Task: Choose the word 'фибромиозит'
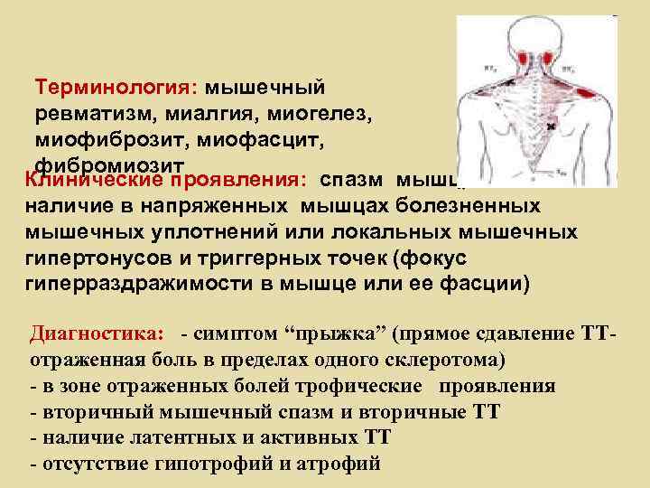coord(110,165)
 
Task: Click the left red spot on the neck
coord(523,58)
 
